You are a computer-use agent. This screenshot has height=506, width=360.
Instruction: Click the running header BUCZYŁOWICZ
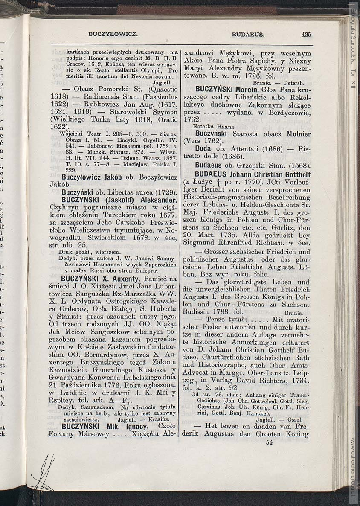click(113, 34)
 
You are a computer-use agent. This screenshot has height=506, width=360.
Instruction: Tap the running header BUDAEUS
click(248, 34)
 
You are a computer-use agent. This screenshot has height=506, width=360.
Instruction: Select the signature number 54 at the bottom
click(269, 442)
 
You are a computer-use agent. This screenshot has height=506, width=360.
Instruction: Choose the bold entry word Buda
click(203, 149)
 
